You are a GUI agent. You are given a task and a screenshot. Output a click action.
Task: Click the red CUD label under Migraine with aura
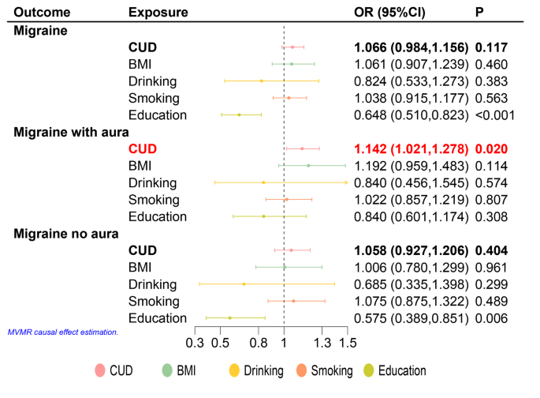click(143, 148)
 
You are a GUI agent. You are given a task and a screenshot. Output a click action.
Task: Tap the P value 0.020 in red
click(490, 148)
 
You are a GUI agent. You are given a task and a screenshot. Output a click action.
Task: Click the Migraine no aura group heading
click(66, 234)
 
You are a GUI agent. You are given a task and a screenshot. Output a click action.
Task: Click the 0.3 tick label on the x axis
click(194, 344)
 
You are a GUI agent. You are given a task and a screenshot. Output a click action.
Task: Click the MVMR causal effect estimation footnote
click(62, 332)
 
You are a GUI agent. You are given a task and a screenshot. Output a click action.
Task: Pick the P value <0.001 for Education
click(494, 115)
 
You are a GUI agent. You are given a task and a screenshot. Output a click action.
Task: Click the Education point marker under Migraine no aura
click(230, 318)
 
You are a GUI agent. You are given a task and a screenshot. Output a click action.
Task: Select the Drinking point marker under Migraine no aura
click(244, 283)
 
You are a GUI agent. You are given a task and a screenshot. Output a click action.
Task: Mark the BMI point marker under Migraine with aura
click(308, 166)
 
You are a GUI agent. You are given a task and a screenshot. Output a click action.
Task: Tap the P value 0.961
click(490, 268)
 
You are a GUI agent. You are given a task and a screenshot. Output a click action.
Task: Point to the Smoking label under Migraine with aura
click(154, 200)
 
